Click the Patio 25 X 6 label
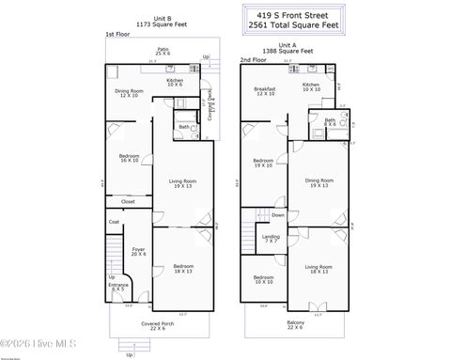[163, 51]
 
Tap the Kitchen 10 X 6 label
[175, 83]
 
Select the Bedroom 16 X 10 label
[129, 158]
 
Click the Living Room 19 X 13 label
[182, 183]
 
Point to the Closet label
[128, 201]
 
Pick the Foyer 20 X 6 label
[138, 251]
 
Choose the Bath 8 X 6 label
[330, 122]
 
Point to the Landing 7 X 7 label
[271, 239]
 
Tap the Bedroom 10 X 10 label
[264, 279]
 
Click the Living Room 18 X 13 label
[318, 270]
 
